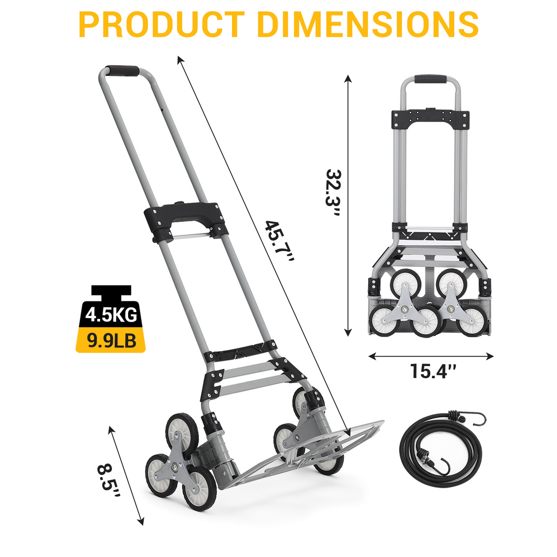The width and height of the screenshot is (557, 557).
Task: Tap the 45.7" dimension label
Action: click(280, 242)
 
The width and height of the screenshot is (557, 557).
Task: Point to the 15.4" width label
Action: click(433, 371)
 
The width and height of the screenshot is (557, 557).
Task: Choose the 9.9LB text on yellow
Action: click(111, 340)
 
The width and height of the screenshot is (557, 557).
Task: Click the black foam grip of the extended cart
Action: click(123, 70)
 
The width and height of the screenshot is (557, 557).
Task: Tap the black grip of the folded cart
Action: click(430, 78)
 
